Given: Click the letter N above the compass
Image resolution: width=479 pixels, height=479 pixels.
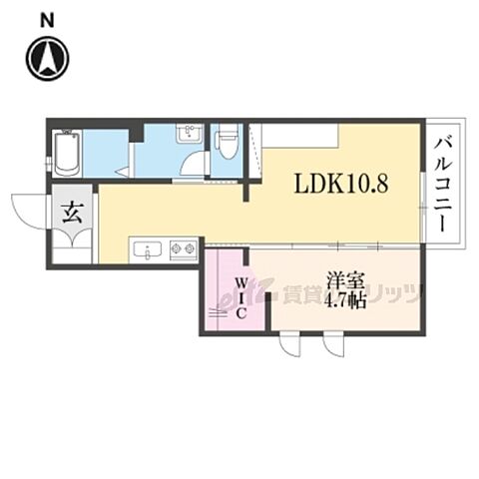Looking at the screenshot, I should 45,18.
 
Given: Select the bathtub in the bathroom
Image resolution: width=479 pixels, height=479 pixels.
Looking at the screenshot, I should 67,152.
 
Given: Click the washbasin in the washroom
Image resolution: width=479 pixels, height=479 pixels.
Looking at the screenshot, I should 187,136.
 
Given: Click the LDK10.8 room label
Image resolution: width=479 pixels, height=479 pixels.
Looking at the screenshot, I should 339,184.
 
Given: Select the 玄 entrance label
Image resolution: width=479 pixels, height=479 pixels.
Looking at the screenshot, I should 72,211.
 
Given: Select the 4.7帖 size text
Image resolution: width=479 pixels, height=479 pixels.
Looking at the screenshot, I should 343,300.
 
